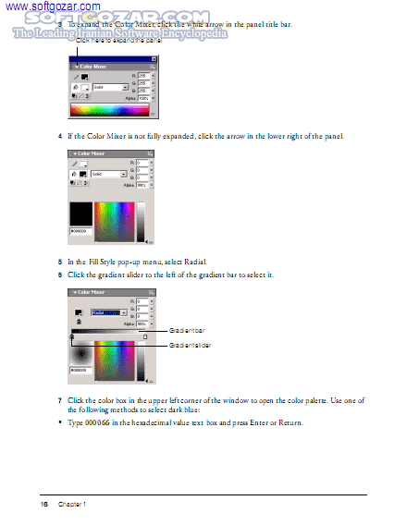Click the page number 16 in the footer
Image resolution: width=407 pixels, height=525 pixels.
coord(43,504)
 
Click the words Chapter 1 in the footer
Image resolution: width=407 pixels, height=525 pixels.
coord(72,504)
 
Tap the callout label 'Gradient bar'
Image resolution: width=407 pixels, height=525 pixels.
coord(187,330)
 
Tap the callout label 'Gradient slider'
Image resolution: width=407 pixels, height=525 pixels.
coord(190,345)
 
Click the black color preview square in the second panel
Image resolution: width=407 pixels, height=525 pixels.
coord(81,212)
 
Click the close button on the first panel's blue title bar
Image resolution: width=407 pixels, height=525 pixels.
coord(153,59)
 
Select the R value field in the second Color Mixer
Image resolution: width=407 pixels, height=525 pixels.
coord(142,162)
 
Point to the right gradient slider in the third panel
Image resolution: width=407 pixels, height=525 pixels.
coord(144,337)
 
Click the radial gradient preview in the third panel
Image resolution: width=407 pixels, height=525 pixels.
coord(81,352)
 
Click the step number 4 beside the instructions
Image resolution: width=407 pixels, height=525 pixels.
coord(60,136)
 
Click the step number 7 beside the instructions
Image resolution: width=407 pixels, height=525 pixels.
coord(60,400)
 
